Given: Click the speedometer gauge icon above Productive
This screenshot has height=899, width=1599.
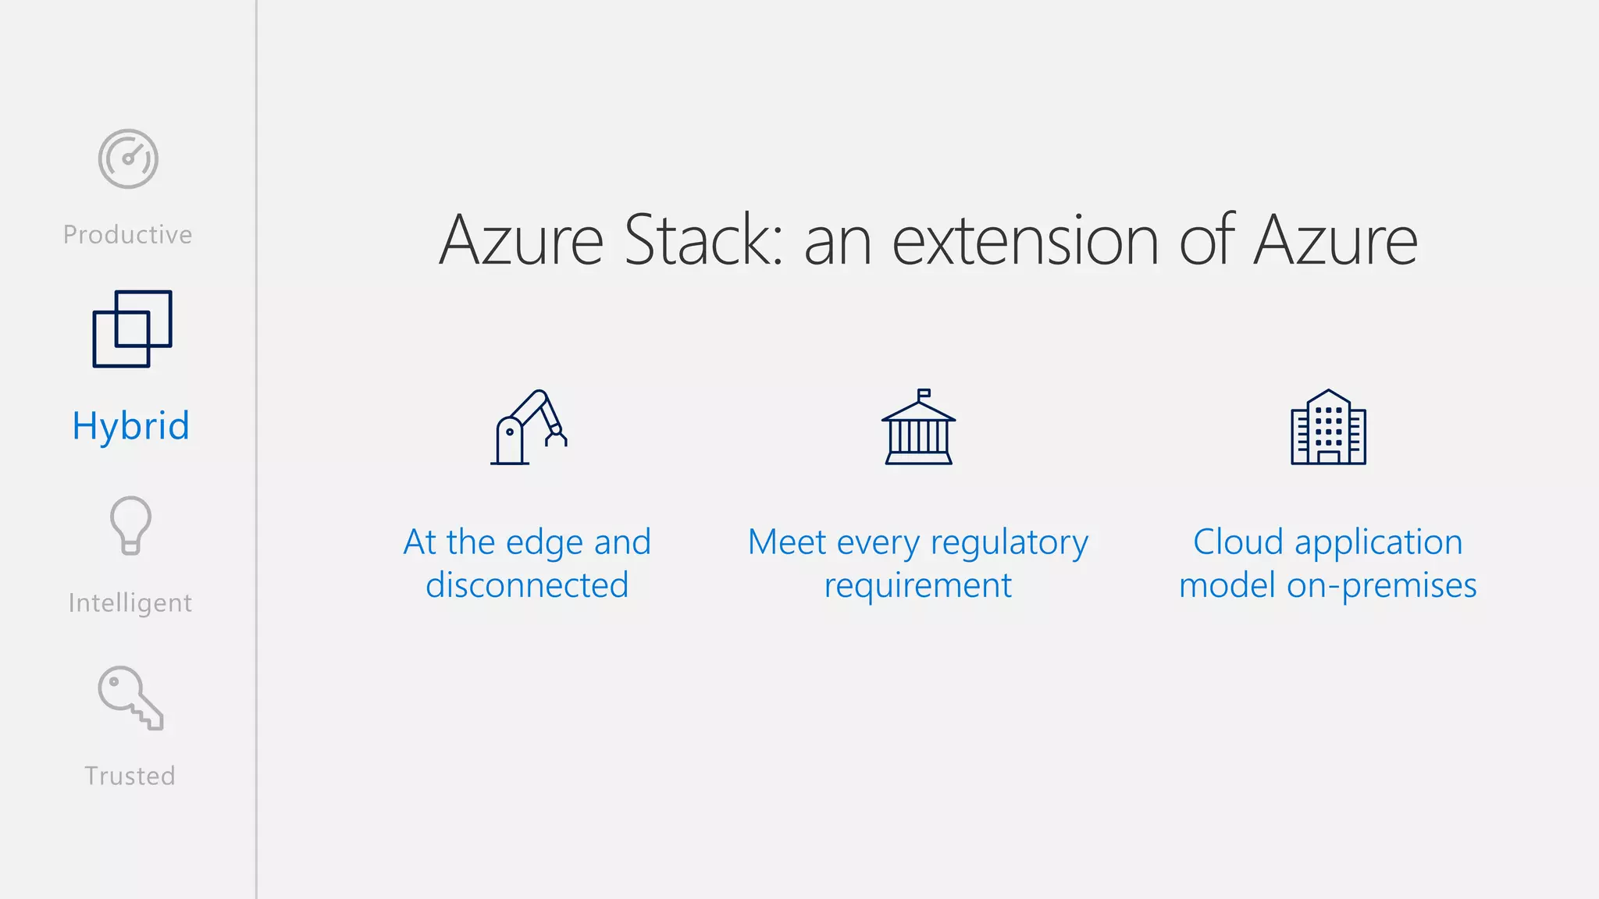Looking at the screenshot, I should click(x=128, y=158).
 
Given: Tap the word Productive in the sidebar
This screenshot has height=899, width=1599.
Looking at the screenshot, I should click(x=128, y=235).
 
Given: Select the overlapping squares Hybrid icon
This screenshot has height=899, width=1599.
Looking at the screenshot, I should click(x=132, y=329).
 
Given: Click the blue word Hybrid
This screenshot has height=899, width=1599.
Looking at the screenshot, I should click(x=130, y=426).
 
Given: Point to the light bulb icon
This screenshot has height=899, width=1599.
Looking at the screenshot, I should click(x=130, y=525).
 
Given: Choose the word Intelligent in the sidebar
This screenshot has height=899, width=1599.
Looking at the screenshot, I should click(x=130, y=603).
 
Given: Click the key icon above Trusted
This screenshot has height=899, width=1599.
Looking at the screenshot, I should click(x=130, y=697).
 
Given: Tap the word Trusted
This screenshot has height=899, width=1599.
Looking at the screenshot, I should click(x=130, y=776).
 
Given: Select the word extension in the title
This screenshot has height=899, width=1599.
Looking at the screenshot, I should click(x=1025, y=240).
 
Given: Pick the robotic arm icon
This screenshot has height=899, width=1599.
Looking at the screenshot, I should click(x=529, y=427).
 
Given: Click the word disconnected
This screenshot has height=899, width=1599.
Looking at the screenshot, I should click(x=527, y=585).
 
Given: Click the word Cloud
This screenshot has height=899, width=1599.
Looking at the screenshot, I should click(x=1238, y=542).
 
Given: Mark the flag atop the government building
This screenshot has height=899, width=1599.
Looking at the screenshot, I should click(x=924, y=393).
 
